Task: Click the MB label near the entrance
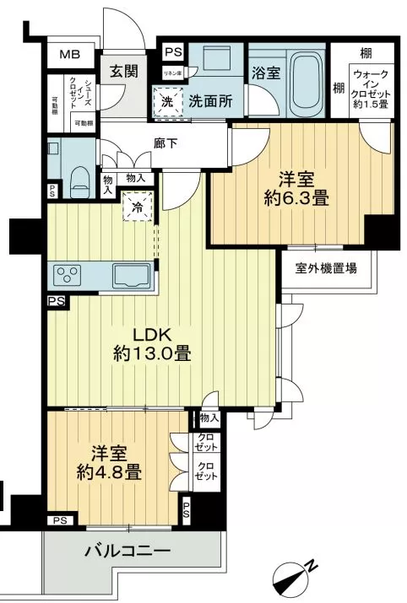68,56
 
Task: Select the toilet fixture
79,175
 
